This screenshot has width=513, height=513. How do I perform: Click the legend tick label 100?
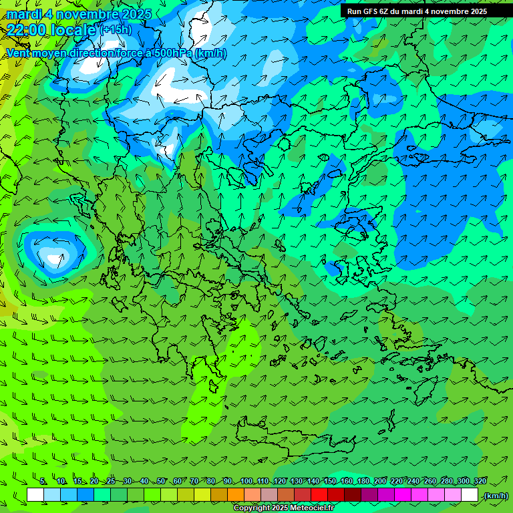[246, 481]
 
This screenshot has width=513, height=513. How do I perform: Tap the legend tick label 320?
[480, 481]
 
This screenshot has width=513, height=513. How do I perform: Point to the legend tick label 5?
[43, 481]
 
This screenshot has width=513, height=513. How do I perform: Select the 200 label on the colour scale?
[380, 481]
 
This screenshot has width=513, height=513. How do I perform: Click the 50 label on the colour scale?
[161, 481]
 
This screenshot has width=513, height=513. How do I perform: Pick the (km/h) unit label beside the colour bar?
[495, 496]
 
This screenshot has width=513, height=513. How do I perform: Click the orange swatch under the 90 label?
[235, 495]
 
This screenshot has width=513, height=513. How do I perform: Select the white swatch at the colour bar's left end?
[35, 495]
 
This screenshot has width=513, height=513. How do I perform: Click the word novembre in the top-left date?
[85, 14]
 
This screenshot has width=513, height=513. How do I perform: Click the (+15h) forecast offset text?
[116, 29]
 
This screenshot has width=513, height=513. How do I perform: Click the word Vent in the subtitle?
[18, 53]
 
